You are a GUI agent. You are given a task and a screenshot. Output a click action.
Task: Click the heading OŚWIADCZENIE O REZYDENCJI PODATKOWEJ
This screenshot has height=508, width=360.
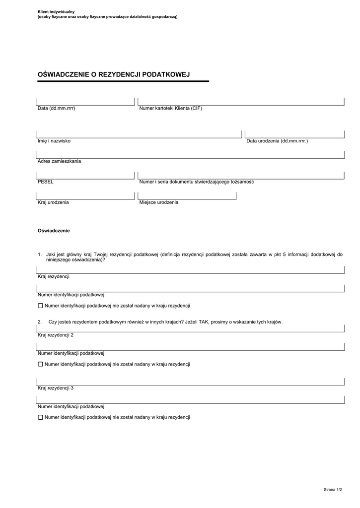(x=114, y=74)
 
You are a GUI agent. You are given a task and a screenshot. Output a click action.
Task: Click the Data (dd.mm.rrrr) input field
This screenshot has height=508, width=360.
(x=85, y=102)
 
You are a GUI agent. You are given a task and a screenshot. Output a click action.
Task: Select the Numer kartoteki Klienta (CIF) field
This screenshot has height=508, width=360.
(x=241, y=102)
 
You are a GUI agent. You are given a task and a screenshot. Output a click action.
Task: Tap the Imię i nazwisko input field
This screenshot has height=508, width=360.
(x=139, y=134)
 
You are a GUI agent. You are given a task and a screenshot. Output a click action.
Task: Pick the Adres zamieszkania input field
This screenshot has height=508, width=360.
(x=190, y=155)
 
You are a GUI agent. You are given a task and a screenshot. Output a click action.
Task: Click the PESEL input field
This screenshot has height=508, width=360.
(x=85, y=175)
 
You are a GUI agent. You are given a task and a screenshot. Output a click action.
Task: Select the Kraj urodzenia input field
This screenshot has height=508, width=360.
(x=85, y=196)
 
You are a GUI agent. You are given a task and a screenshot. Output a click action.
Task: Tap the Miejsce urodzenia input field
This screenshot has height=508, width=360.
(x=188, y=196)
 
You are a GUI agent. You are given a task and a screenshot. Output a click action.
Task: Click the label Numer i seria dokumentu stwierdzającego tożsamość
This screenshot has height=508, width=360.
(x=197, y=182)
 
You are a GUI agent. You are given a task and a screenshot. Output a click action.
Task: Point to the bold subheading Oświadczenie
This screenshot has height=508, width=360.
(x=54, y=231)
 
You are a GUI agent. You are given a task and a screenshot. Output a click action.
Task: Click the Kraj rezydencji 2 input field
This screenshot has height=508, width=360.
(x=190, y=328)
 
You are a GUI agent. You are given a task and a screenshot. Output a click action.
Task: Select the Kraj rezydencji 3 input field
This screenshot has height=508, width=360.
(x=190, y=381)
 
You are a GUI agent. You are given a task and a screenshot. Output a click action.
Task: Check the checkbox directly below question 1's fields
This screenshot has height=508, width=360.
(x=41, y=306)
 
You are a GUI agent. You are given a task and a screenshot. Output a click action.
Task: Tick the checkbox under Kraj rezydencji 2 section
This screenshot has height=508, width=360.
(x=41, y=364)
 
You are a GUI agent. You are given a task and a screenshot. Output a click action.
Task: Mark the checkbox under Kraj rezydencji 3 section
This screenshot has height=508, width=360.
(x=41, y=417)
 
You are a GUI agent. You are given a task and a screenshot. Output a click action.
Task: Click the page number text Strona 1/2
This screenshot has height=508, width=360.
(x=333, y=490)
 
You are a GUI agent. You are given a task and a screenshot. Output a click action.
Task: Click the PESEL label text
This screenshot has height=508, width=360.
(x=46, y=182)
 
